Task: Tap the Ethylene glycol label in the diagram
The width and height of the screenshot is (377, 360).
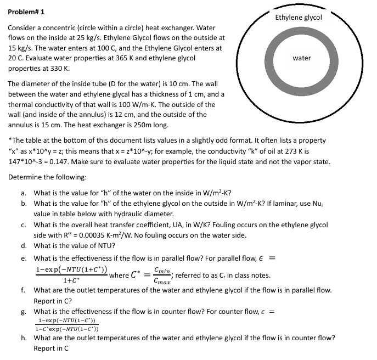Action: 299,17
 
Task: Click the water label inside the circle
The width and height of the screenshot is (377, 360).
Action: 302,58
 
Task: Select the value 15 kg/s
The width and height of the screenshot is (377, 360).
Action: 19,47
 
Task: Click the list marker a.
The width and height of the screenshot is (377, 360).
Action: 25,193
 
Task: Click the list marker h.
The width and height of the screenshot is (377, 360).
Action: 25,337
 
